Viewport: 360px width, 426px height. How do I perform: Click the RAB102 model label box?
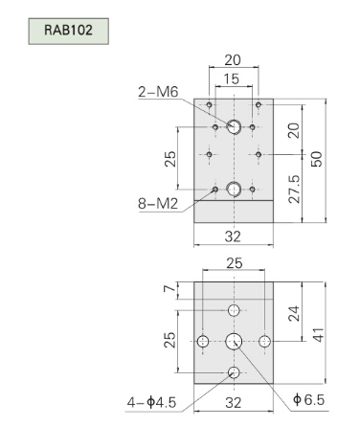click(69, 31)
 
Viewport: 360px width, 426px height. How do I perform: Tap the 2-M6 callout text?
click(158, 92)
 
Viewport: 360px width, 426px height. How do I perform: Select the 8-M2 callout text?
click(158, 203)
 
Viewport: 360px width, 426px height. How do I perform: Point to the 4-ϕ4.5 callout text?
click(151, 402)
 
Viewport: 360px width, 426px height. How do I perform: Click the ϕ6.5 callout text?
click(308, 399)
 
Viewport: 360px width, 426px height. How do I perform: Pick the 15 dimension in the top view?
click(232, 78)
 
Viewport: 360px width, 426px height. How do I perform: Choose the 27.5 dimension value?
click(294, 189)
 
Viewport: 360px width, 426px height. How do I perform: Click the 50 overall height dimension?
click(317, 159)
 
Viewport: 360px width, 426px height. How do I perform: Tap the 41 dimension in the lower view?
click(318, 335)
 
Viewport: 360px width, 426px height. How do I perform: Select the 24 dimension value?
click(294, 313)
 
